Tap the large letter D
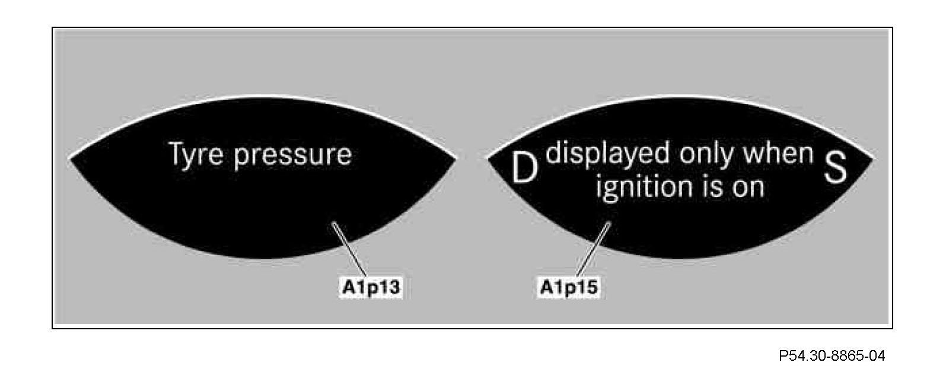[524, 169]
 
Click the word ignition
[639, 189]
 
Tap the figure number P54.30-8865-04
[832, 356]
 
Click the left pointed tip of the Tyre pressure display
[71, 158]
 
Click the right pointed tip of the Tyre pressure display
[456, 158]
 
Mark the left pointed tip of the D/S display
[488, 158]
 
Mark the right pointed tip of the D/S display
[873, 158]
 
